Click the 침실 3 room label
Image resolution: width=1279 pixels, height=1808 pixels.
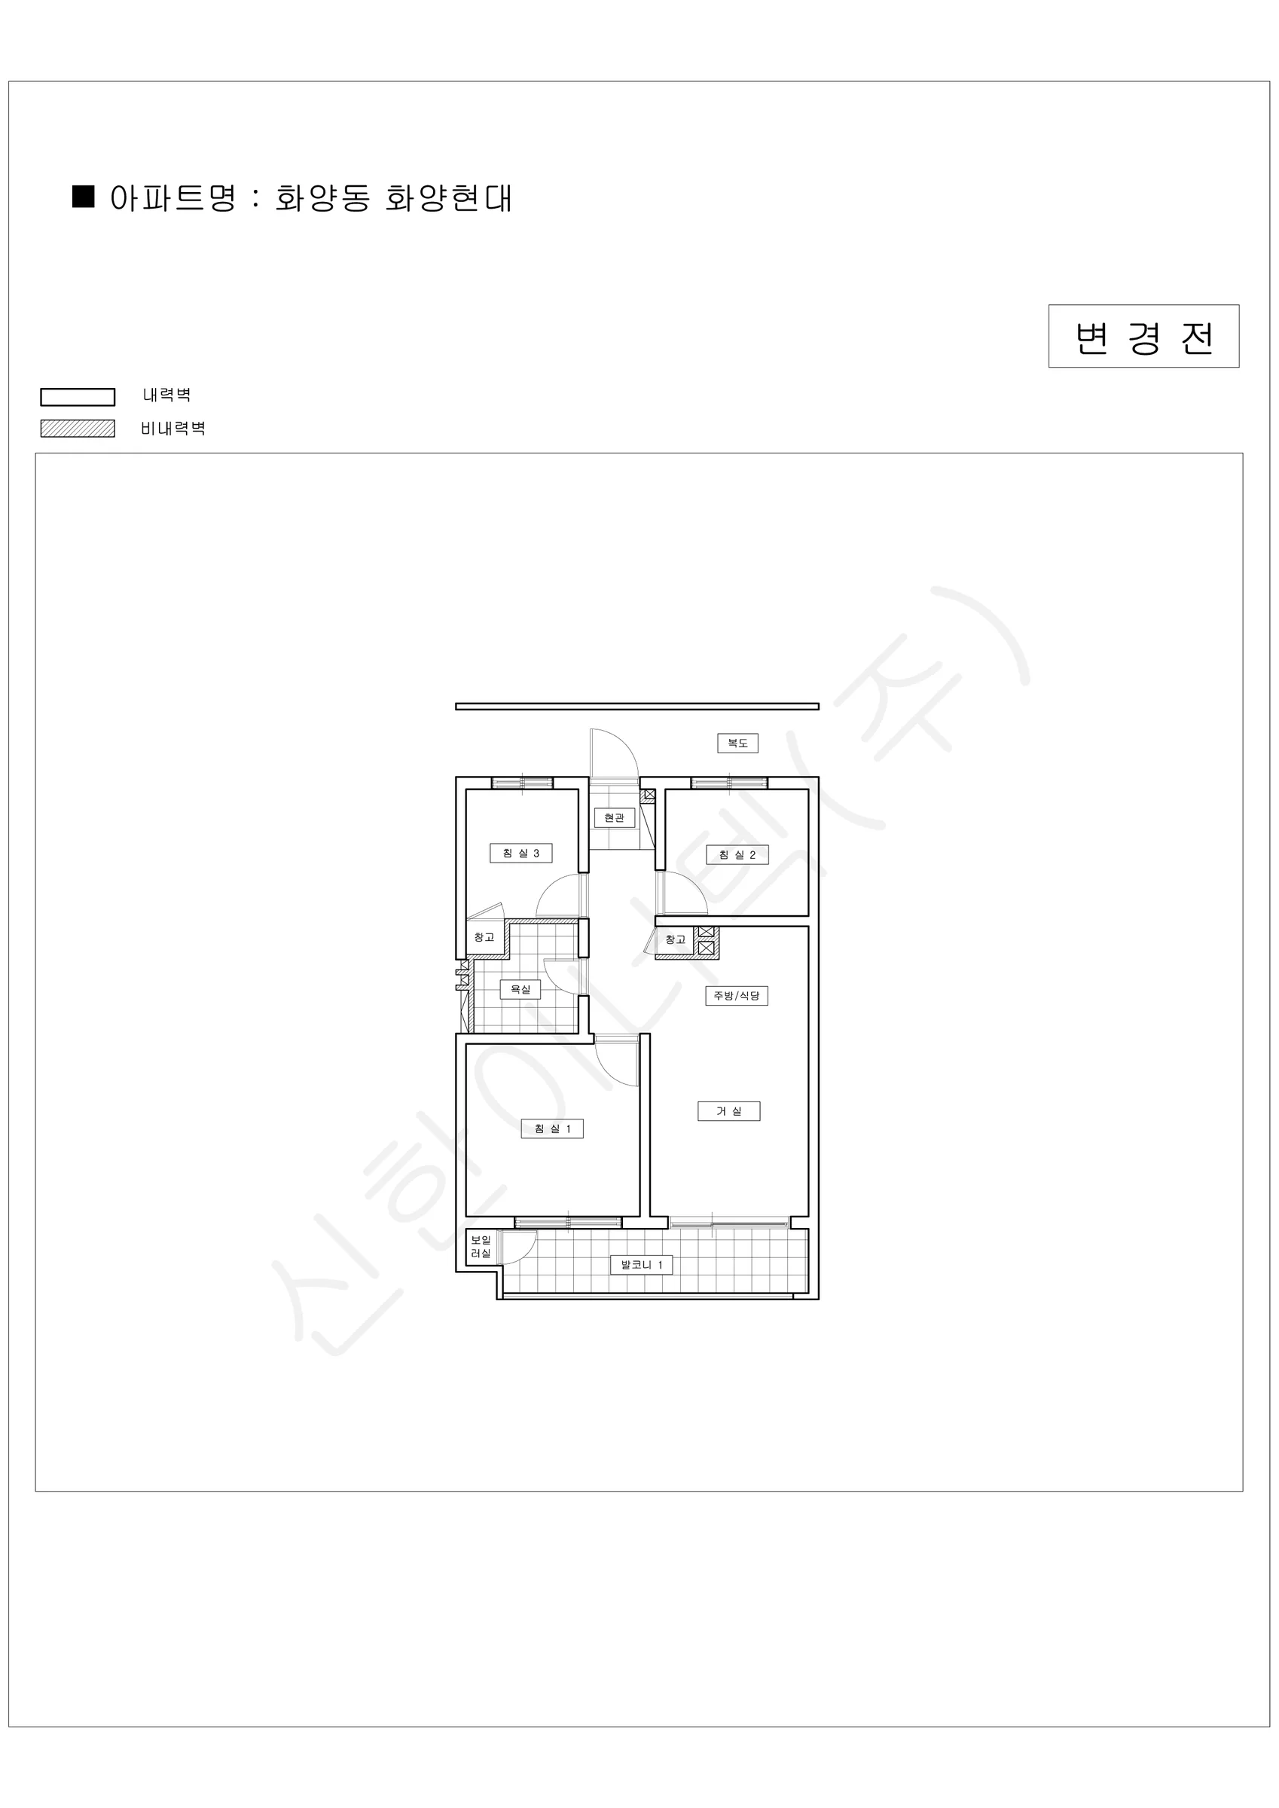[520, 853]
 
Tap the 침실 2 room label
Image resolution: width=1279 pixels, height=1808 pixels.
[737, 854]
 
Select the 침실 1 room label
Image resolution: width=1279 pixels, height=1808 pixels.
[552, 1128]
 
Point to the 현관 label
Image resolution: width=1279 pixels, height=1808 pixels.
[615, 817]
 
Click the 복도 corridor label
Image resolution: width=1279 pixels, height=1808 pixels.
[738, 743]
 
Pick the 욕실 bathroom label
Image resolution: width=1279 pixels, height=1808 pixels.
[520, 989]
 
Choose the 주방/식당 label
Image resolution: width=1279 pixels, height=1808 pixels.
[737, 996]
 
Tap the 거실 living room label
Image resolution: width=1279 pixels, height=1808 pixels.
[729, 1111]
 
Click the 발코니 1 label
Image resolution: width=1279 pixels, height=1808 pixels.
[642, 1265]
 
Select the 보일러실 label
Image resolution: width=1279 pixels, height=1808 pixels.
[481, 1247]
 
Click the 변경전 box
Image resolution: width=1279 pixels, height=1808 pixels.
[1143, 336]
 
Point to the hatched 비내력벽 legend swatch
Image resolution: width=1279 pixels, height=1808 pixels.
[78, 429]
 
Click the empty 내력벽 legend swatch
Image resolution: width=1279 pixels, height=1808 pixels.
[78, 397]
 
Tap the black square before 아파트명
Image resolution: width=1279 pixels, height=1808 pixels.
[84, 197]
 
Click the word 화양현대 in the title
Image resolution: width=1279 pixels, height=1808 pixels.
[449, 198]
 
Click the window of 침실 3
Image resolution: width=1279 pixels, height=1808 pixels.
[522, 783]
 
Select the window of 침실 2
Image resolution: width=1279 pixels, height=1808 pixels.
[729, 783]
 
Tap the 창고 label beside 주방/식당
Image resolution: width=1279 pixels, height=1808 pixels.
[676, 939]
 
